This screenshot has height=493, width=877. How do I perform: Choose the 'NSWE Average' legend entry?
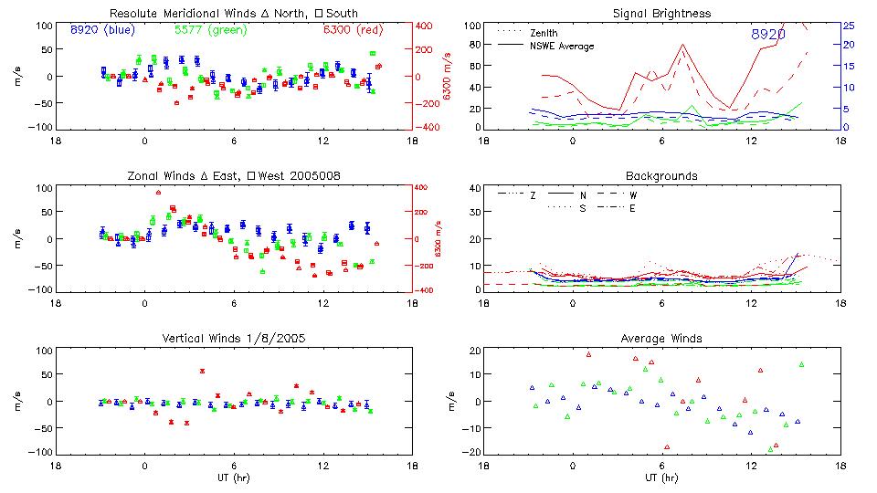562,46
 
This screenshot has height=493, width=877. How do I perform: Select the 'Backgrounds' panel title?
661,175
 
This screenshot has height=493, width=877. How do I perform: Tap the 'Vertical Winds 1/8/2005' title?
234,338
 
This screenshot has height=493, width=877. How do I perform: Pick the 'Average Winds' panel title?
661,338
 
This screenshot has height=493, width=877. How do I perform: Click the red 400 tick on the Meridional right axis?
426,26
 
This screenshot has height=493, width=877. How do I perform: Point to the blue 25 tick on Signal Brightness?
848,26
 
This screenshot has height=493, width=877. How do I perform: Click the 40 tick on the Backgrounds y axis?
474,189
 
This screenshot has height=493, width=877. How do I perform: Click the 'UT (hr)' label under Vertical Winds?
234,477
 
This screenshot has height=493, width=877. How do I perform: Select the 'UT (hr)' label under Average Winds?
661,477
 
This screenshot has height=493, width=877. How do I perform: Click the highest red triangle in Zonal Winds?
158,193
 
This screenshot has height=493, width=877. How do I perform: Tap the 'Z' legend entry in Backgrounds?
534,195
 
